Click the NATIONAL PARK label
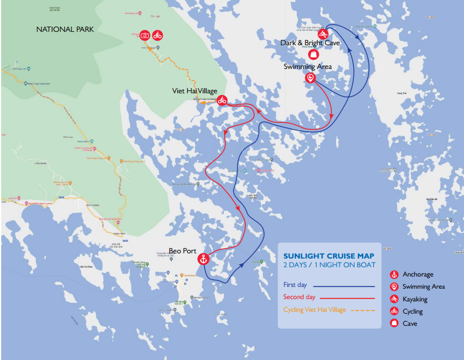point(65,29)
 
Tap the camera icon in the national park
point(145,35)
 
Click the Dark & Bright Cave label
point(310,43)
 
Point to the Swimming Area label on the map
point(308,67)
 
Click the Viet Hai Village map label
point(195,91)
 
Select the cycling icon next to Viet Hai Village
point(222,100)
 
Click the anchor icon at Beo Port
point(203,259)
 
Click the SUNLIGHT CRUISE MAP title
point(328,256)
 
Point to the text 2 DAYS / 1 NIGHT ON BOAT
point(329,265)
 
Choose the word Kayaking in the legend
point(415,299)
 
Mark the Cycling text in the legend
point(413,311)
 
